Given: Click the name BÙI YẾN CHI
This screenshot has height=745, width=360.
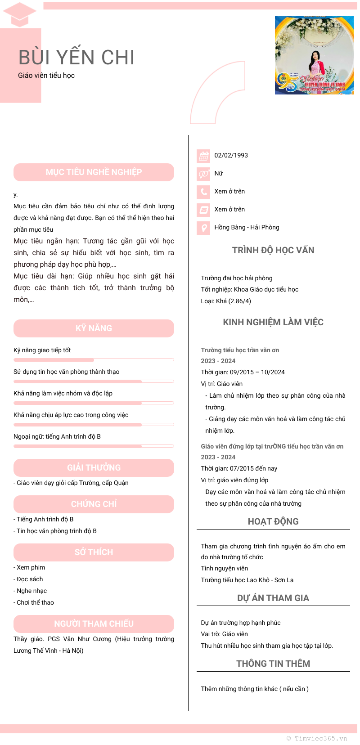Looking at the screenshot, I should (76, 58).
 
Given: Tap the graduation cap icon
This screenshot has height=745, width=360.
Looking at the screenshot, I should (19, 14).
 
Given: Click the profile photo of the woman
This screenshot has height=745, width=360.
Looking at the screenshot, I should (314, 55).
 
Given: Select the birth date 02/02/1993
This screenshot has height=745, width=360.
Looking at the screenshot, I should (231, 155).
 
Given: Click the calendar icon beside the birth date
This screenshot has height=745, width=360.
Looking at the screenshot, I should (204, 156).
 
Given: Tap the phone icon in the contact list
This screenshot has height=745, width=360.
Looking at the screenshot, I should (204, 192).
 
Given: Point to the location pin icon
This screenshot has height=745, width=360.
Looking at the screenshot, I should (204, 228).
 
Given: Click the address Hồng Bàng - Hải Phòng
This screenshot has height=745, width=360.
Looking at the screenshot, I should (247, 227).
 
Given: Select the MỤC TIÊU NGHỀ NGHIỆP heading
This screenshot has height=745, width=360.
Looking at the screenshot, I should (94, 172).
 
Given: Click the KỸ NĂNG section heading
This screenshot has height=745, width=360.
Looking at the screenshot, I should (94, 328).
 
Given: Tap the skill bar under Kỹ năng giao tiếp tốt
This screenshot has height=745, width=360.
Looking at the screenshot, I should (94, 360).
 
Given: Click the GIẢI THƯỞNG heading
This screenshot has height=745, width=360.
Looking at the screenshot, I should (94, 468).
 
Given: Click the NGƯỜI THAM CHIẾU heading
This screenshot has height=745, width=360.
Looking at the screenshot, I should (94, 624).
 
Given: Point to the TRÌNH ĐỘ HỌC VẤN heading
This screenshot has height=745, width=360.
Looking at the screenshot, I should (273, 250).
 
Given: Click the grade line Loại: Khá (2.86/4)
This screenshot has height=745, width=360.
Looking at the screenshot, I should (226, 301).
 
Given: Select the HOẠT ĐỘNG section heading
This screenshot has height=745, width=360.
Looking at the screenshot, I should (273, 521).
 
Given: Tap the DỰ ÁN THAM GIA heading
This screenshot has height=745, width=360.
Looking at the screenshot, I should (273, 598).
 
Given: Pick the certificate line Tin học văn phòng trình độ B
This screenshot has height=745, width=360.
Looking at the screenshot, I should (56, 531).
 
